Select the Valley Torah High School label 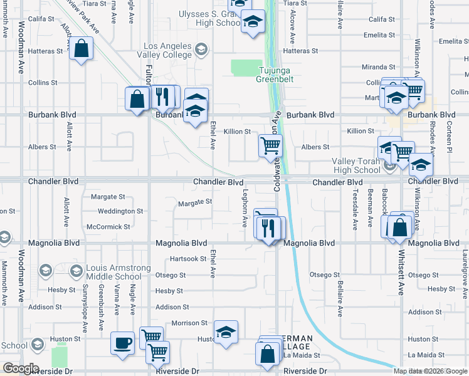pyautogui.click(x=356, y=165)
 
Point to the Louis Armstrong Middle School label pyautogui.click(x=113, y=272)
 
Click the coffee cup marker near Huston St pyautogui.click(x=122, y=343)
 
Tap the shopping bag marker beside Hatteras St pyautogui.click(x=82, y=48)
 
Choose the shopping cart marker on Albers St pyautogui.click(x=270, y=146)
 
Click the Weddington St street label pyautogui.click(x=120, y=211)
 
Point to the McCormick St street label pyautogui.click(x=108, y=226)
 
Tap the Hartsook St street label pyautogui.click(x=188, y=259)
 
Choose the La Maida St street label pyautogui.click(x=302, y=355)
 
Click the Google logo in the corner pyautogui.click(x=20, y=368)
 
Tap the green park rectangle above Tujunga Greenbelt pyautogui.click(x=246, y=67)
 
